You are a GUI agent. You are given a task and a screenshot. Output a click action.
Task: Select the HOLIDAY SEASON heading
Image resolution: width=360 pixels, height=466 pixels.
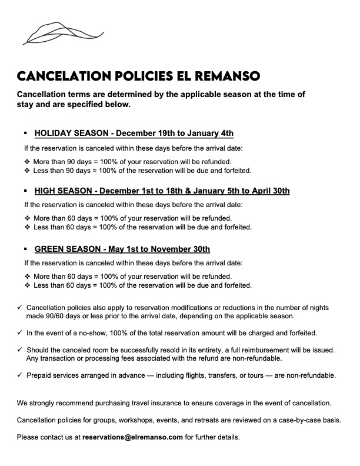[134, 133]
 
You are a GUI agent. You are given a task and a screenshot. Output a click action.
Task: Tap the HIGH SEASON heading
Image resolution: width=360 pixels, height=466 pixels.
[162, 191]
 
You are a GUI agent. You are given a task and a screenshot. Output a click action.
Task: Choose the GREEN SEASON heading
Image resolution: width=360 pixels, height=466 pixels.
[122, 249]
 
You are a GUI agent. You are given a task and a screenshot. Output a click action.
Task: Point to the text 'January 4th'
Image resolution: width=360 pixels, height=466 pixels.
[211, 133]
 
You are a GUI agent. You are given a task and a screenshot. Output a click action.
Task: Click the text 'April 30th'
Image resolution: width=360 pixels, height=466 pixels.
[269, 191]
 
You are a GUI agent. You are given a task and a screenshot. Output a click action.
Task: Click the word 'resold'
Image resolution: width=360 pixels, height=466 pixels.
[167, 349]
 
